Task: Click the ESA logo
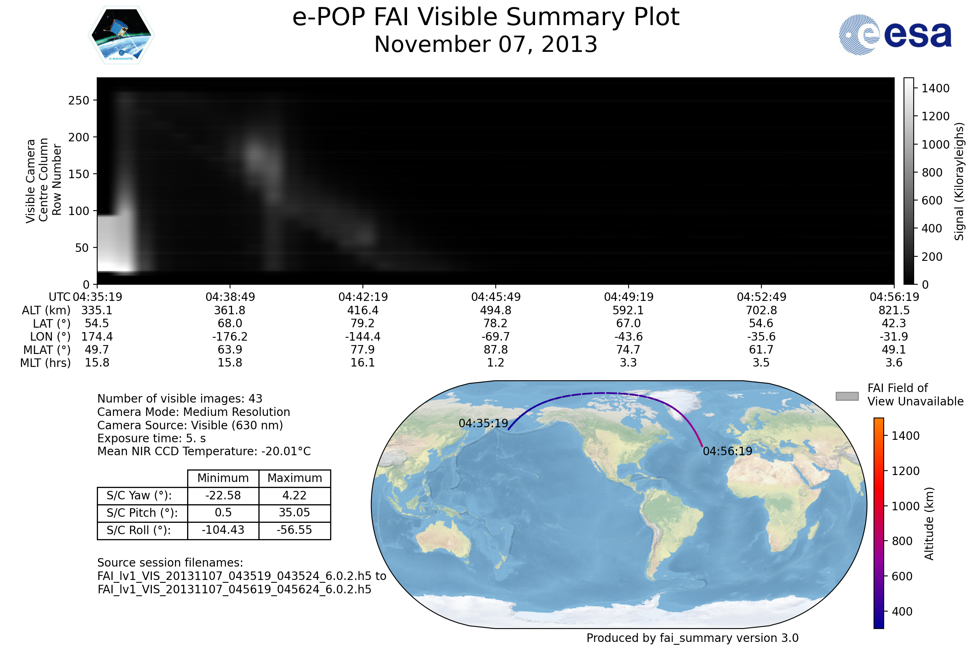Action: (x=895, y=35)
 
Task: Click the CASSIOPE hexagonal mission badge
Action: (x=121, y=35)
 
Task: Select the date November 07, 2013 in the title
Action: (x=486, y=45)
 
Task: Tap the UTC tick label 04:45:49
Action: (x=496, y=297)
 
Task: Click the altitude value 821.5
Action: (x=894, y=310)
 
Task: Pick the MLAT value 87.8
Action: (x=496, y=350)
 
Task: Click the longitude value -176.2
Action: (x=230, y=337)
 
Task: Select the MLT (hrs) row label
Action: (x=45, y=363)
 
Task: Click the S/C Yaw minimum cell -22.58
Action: (x=223, y=495)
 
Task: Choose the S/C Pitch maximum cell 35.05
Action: (x=295, y=513)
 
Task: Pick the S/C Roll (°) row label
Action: (x=139, y=530)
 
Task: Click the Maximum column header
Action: (x=295, y=478)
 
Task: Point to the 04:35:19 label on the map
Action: (x=484, y=424)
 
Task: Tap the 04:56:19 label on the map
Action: (x=728, y=451)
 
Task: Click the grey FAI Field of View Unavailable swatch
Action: (x=847, y=396)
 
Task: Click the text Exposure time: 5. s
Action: (x=151, y=438)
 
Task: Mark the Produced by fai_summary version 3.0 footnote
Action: (x=693, y=638)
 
